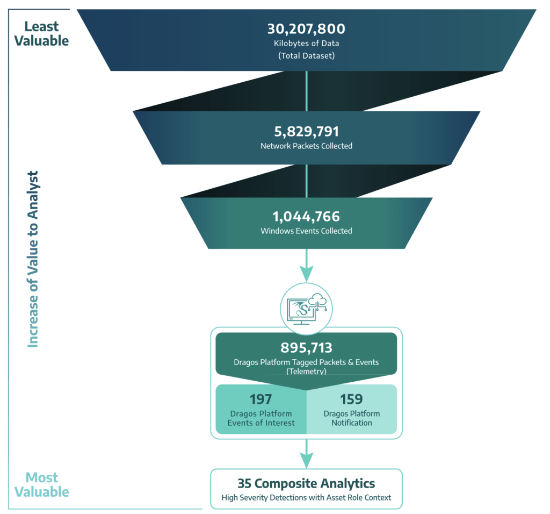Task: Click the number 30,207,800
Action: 306,29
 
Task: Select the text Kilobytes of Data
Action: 306,43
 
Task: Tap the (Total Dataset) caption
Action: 306,55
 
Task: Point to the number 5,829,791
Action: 306,132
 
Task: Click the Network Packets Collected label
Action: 306,146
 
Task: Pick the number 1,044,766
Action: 306,217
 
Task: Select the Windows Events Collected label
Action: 306,231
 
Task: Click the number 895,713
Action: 306,347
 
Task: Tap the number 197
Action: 260,399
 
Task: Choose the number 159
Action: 351,399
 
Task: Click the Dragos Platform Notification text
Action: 351,418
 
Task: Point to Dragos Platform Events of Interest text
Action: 261,418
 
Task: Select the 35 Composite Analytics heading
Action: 306,483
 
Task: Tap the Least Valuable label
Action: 41,34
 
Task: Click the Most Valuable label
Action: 41,484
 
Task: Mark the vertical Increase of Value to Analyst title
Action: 33,259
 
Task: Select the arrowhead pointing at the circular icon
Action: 306,274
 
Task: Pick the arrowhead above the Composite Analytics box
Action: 306,460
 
